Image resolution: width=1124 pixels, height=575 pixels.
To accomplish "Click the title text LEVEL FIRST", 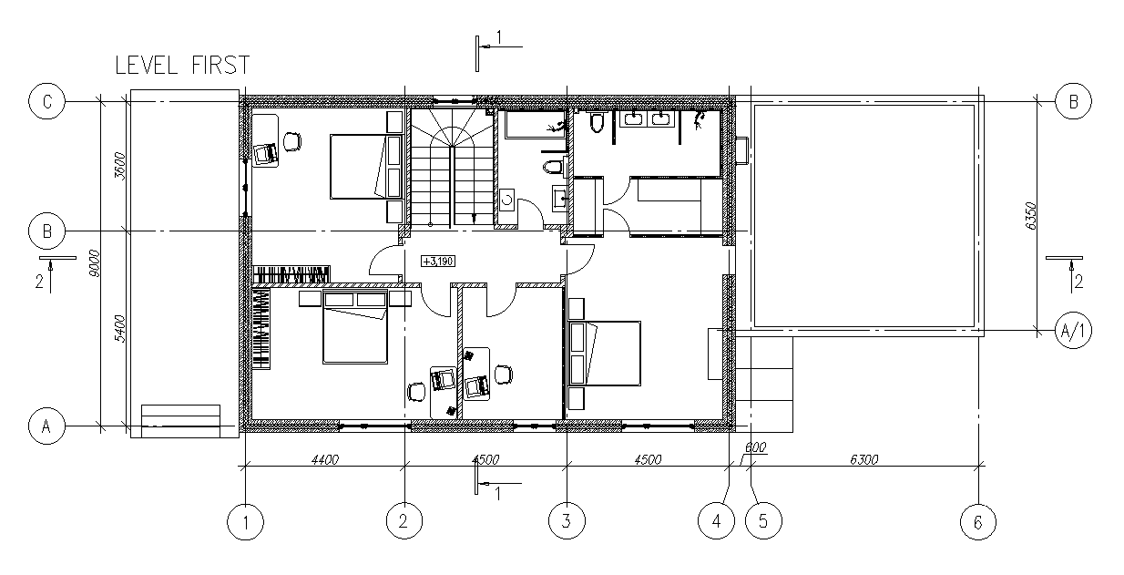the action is tap(183, 66).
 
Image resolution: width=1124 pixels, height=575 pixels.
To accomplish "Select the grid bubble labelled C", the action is tap(46, 101).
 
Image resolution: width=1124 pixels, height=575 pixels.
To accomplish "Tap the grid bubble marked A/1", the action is tap(1073, 331).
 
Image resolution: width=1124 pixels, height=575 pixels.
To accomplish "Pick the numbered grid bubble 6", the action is tap(978, 522).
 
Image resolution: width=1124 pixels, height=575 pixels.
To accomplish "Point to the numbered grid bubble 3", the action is tap(567, 521).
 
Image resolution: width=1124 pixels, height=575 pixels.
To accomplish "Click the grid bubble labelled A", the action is tap(46, 426).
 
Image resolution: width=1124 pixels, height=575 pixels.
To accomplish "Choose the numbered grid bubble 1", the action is tap(245, 522).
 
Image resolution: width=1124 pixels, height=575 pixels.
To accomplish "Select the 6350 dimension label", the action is tap(1030, 217).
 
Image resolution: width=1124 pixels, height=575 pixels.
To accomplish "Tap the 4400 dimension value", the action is tap(325, 459).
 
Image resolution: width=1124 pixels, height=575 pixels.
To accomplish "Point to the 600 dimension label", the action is tap(755, 447).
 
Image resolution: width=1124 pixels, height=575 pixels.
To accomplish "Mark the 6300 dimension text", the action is tap(864, 459).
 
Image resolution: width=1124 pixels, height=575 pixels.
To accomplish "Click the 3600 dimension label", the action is tap(119, 166).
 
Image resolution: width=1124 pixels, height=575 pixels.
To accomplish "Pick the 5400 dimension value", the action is tap(119, 329).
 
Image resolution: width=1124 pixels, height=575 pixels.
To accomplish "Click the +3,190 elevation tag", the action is tap(438, 262).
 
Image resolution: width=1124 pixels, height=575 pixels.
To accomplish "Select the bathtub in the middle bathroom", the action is tap(536, 125).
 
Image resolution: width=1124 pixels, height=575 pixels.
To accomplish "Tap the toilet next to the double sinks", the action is tap(597, 121).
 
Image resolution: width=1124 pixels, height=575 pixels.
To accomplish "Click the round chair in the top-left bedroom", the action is tap(292, 141).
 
